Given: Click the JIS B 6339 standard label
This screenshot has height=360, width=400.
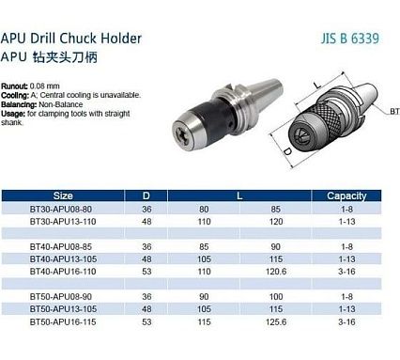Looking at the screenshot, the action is coord(349,39).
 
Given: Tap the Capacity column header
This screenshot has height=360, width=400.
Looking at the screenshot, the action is coord(346,196).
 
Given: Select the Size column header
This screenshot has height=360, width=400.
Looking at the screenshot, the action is coord(63,196).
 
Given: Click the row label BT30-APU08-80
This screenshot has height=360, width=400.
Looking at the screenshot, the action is coord(61,209).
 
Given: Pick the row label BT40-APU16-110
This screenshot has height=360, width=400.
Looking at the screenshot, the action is coord(63,272).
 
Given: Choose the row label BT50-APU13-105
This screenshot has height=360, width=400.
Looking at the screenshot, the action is coord(63,309).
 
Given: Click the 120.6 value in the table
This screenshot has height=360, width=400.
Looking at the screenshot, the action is coord(276,272).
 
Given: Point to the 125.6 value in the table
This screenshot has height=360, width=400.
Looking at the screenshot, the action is coord(276,321).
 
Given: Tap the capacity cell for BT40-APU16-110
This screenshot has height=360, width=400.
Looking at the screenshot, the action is coord(346,272).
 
